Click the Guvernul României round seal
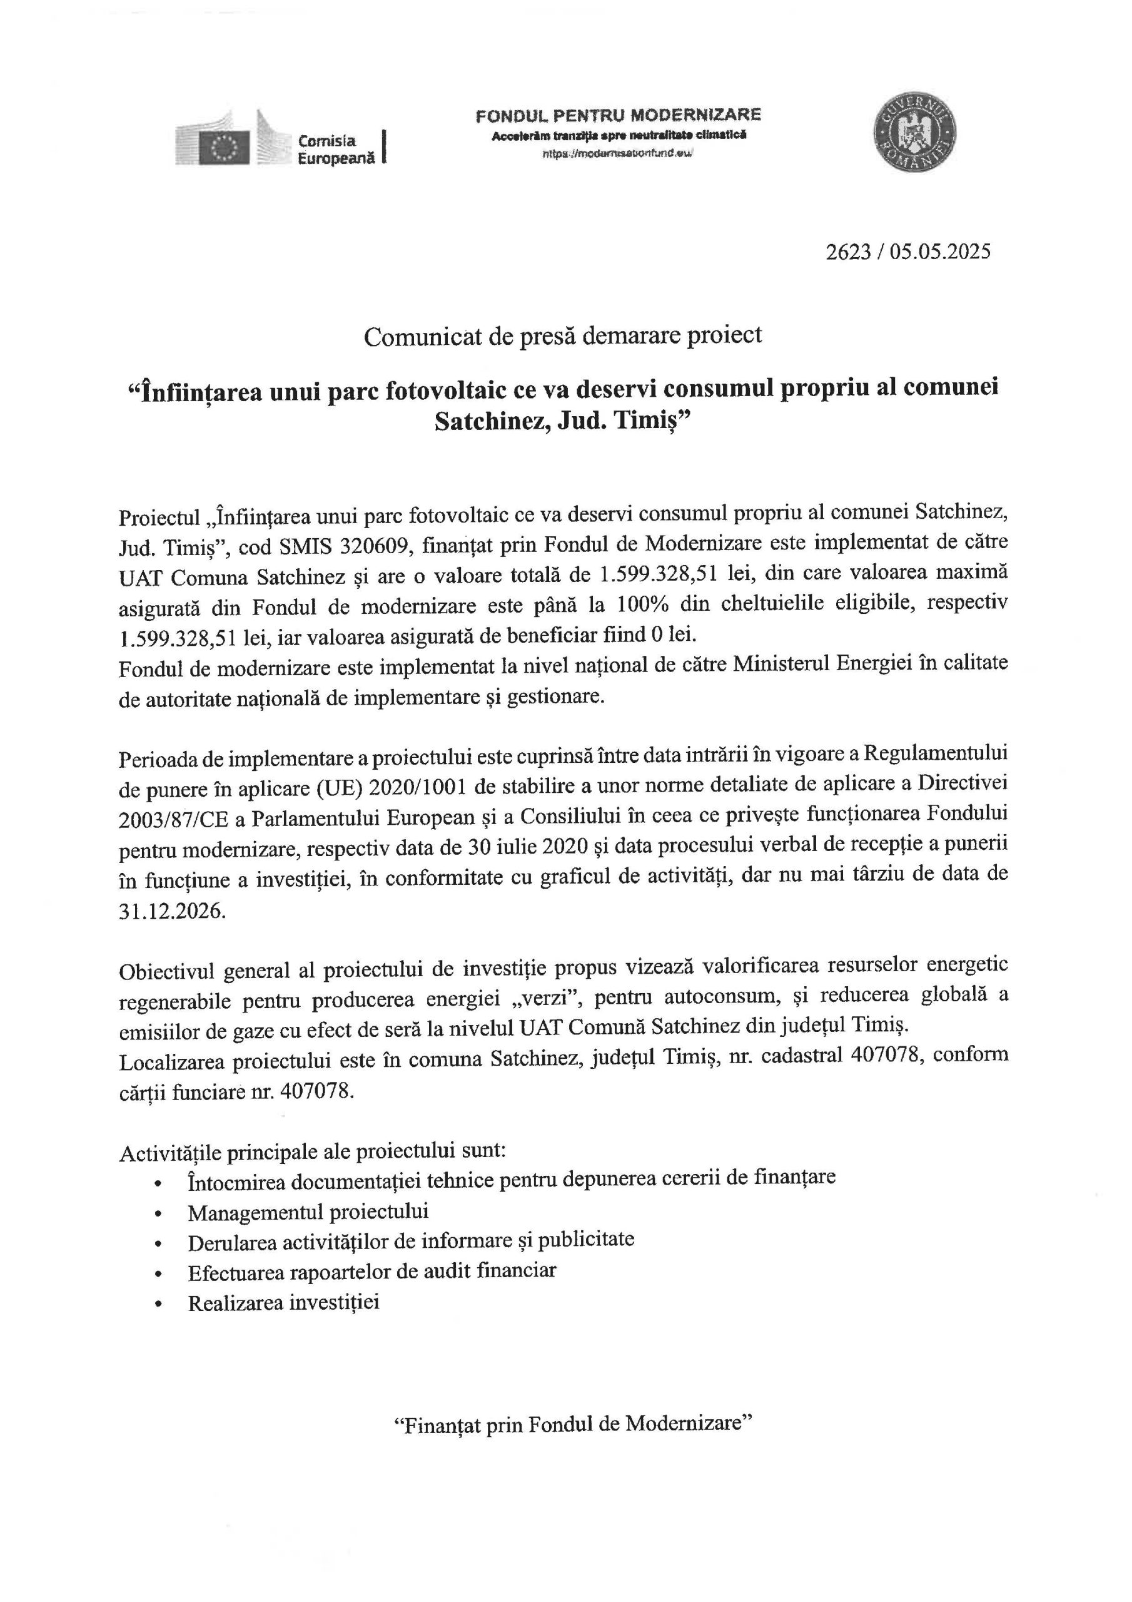(x=914, y=133)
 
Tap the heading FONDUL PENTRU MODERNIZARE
(x=618, y=115)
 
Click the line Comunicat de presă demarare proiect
(x=563, y=335)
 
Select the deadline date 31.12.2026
(x=172, y=912)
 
